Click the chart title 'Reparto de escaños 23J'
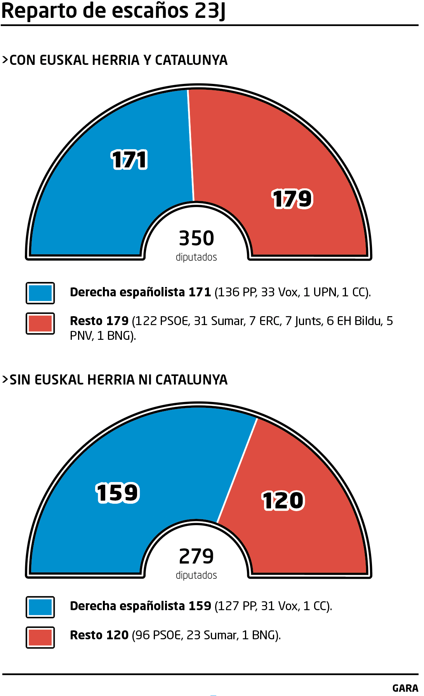[113, 11]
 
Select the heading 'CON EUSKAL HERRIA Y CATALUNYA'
[115, 60]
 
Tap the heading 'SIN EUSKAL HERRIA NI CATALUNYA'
[115, 380]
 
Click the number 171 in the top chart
[129, 160]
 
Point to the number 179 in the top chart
[292, 199]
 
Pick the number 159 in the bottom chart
[117, 493]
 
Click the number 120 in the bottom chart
[283, 500]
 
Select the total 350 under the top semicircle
[196, 238]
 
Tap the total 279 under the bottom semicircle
[196, 556]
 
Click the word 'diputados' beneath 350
[196, 257]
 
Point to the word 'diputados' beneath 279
[196, 575]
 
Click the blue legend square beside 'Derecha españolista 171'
[40, 293]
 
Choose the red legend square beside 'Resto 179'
[40, 324]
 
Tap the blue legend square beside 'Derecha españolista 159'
[40, 607]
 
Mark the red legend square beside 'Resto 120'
[40, 637]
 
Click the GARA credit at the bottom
[405, 688]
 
